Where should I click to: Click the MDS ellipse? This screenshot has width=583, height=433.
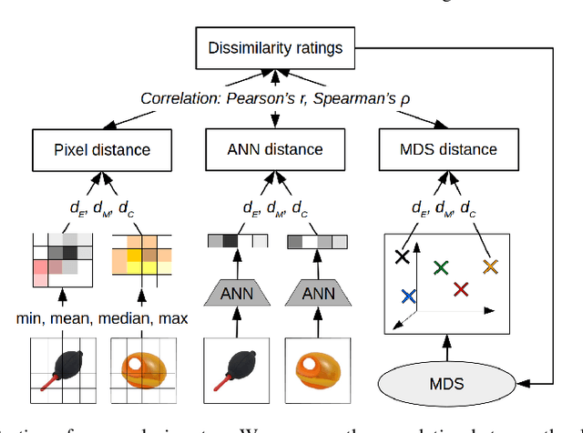pyautogui.click(x=446, y=383)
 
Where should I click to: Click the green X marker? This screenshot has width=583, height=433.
pyautogui.click(x=441, y=267)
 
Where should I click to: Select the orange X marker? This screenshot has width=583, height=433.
pyautogui.click(x=490, y=267)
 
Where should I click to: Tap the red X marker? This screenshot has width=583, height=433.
pyautogui.click(x=460, y=288)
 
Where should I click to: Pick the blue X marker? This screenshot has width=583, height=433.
pyautogui.click(x=408, y=297)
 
